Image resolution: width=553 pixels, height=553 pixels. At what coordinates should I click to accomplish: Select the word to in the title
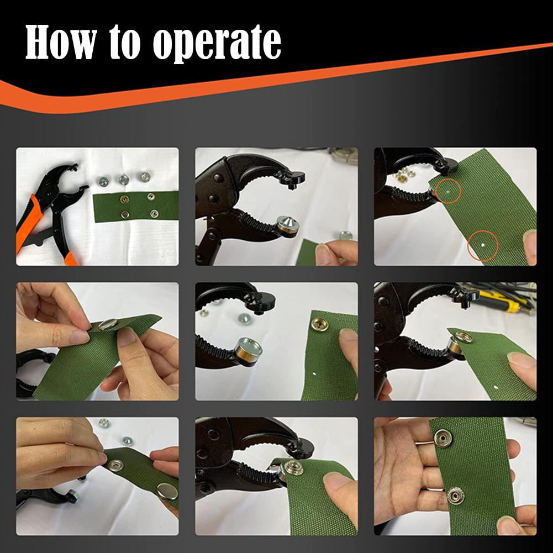[127, 43]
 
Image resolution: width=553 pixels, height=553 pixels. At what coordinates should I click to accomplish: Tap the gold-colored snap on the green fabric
[319, 324]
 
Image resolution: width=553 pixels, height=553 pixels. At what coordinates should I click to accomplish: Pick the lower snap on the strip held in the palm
[455, 496]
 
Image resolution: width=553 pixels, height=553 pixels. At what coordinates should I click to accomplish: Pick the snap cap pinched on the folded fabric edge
[108, 324]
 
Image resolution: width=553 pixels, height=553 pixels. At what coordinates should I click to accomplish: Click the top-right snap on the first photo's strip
[150, 197]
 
